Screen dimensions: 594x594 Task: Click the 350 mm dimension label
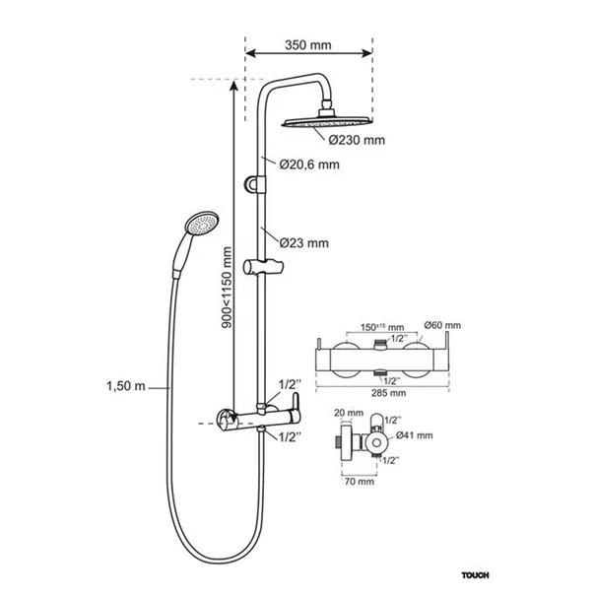pyautogui.click(x=308, y=45)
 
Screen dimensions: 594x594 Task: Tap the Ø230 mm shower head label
pyautogui.click(x=357, y=140)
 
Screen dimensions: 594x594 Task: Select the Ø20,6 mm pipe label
pyautogui.click(x=309, y=165)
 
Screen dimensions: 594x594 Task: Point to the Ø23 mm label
pyautogui.click(x=303, y=243)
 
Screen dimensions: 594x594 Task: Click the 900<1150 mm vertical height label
pyautogui.click(x=227, y=288)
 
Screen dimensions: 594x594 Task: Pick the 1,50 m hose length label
pyautogui.click(x=126, y=386)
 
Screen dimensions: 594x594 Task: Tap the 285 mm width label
pyautogui.click(x=388, y=393)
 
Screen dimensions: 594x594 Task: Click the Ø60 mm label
pyautogui.click(x=442, y=325)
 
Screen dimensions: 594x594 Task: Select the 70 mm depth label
pyautogui.click(x=360, y=482)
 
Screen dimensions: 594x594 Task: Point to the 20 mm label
pyautogui.click(x=349, y=413)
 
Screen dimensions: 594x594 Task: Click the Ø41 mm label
pyautogui.click(x=415, y=435)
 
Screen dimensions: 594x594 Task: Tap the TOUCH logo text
pyautogui.click(x=475, y=575)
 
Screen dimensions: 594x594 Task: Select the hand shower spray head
pyautogui.click(x=201, y=224)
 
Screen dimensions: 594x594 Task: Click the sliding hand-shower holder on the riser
pyautogui.click(x=263, y=267)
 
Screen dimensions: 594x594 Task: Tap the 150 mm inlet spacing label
pyautogui.click(x=382, y=327)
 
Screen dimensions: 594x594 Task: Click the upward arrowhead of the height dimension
pyautogui.click(x=233, y=86)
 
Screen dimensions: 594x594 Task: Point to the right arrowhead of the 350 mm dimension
pyautogui.click(x=366, y=53)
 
